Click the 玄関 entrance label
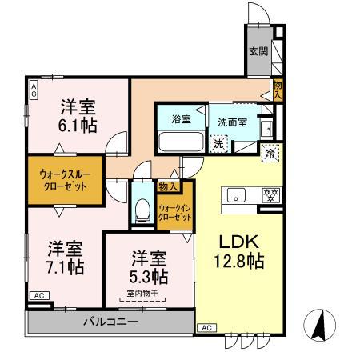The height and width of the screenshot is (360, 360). coord(257,52)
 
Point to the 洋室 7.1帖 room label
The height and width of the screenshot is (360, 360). coord(65,258)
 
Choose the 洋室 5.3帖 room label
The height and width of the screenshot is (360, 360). coord(150,268)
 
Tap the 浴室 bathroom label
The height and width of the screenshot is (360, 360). coord(181,120)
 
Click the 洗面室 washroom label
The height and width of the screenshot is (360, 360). coord(233,122)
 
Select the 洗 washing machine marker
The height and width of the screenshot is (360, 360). coord(217,144)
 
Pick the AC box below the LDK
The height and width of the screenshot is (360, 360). coord(206,328)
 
